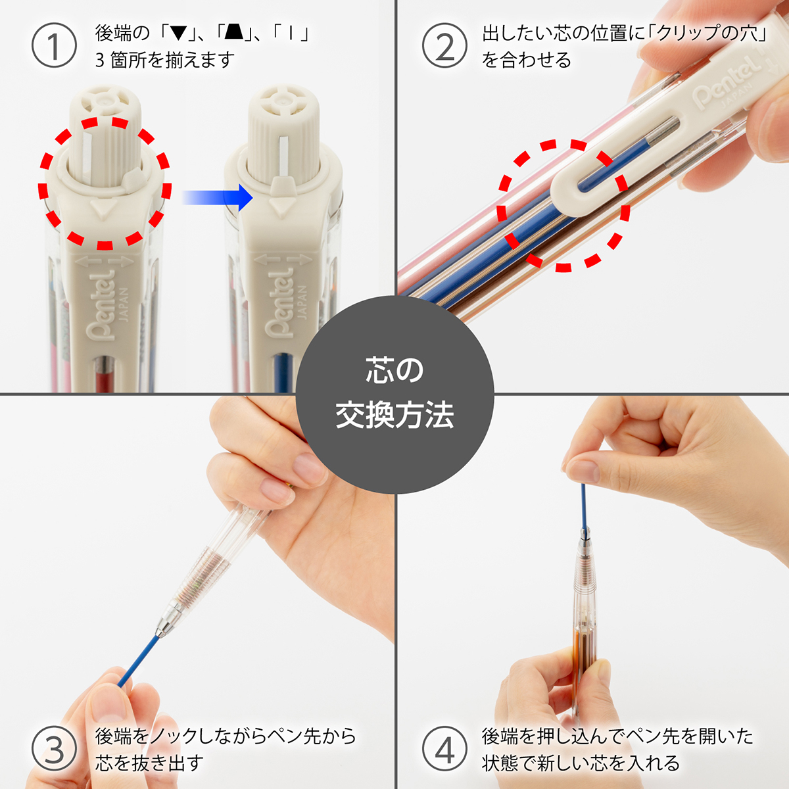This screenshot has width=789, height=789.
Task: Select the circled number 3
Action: [x=54, y=749]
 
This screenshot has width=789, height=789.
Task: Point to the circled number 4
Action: [x=444, y=749]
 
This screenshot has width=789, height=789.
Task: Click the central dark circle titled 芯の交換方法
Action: [x=394, y=394]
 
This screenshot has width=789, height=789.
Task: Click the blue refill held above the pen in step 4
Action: [x=583, y=506]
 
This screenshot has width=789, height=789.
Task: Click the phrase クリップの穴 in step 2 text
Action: [x=707, y=34]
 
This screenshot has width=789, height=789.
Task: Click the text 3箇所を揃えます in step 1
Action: [x=164, y=60]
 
